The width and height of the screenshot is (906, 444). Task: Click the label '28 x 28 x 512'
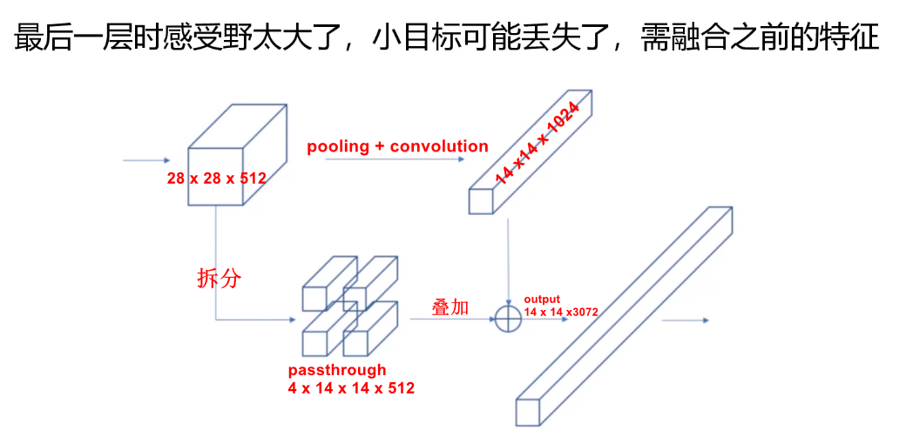click(216, 178)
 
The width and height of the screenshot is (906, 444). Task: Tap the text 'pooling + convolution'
click(397, 146)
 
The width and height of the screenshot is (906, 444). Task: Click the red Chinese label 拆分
click(218, 279)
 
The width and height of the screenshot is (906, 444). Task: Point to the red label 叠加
click(450, 307)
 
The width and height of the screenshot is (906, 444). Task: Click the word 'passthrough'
click(336, 370)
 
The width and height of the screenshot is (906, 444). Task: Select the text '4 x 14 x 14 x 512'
click(351, 388)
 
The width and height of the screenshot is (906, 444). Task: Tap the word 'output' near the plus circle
click(541, 299)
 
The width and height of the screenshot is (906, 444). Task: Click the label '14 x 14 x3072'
click(560, 311)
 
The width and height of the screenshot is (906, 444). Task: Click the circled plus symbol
click(508, 320)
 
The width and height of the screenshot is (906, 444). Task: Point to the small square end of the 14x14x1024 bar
click(481, 200)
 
